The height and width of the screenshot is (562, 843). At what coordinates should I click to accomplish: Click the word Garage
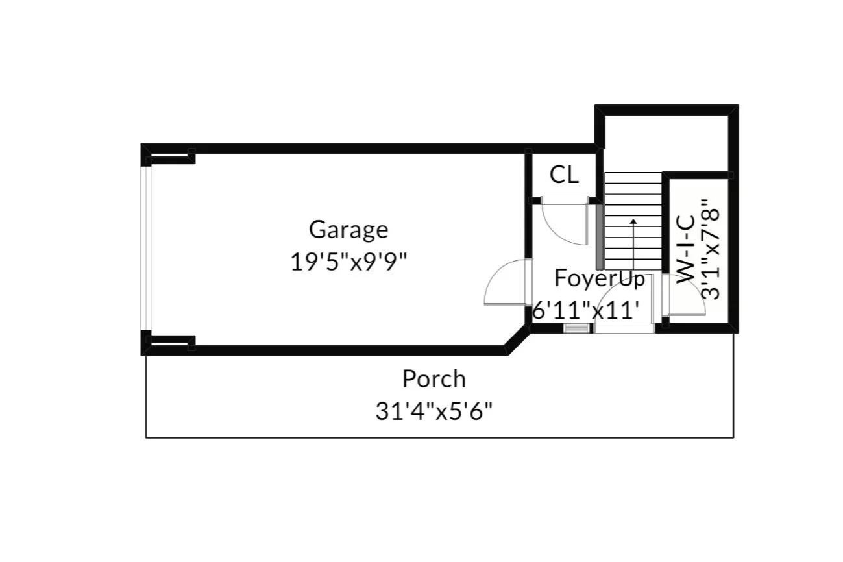[x=348, y=230]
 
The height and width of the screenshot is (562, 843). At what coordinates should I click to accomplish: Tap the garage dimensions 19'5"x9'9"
[x=348, y=262]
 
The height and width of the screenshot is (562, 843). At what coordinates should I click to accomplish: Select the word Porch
[x=434, y=379]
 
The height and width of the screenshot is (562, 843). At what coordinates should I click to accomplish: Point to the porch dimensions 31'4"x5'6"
[x=434, y=411]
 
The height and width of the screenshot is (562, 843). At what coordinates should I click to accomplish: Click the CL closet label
[x=564, y=175]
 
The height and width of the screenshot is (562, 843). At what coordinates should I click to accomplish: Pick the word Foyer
[x=580, y=278]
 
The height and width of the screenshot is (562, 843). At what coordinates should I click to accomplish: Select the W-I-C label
[x=685, y=249]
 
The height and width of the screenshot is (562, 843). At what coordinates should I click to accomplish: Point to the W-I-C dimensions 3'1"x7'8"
[x=711, y=249]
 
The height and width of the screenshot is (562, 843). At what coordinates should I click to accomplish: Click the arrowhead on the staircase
[x=633, y=221]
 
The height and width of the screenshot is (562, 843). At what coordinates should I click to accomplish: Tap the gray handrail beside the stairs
[x=600, y=237]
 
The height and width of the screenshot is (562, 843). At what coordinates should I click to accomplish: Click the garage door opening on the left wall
[x=146, y=249]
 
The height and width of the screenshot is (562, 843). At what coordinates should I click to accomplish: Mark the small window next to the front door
[x=576, y=328]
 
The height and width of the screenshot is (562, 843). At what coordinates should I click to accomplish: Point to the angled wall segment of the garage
[x=517, y=340]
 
